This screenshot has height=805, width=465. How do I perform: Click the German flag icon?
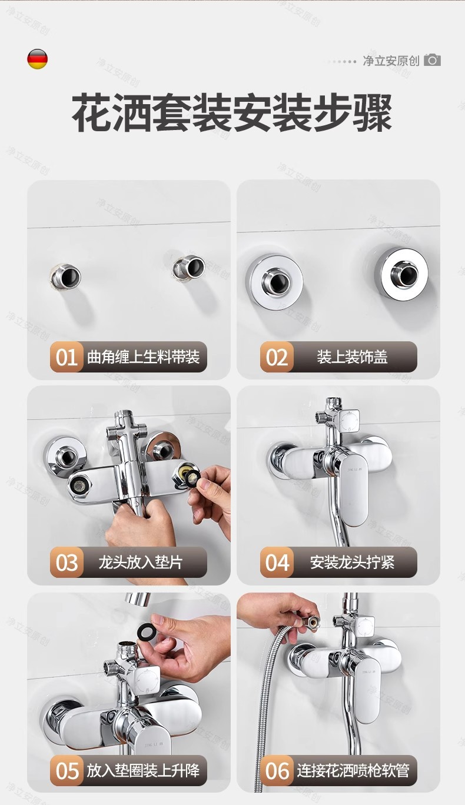(37, 59)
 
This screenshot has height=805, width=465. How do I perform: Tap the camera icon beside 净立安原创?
(432, 60)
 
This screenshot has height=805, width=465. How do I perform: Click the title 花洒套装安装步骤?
(232, 112)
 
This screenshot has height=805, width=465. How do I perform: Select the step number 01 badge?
(67, 357)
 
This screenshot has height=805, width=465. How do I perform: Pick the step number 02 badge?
(277, 357)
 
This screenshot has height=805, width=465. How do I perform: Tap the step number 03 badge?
(67, 563)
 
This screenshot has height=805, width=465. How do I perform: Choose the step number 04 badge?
(277, 563)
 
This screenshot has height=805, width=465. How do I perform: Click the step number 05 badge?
(67, 770)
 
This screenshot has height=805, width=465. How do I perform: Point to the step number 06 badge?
(277, 770)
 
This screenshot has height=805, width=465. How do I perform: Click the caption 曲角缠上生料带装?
(143, 357)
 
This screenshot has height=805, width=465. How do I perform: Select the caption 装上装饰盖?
(352, 357)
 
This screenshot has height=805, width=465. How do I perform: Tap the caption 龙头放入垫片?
(141, 563)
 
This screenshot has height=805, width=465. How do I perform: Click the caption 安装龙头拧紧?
(352, 563)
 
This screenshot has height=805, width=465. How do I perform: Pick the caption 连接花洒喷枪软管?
(353, 770)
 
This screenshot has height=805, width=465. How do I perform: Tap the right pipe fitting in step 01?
(188, 267)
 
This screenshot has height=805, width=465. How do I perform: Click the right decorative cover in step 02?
(401, 273)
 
